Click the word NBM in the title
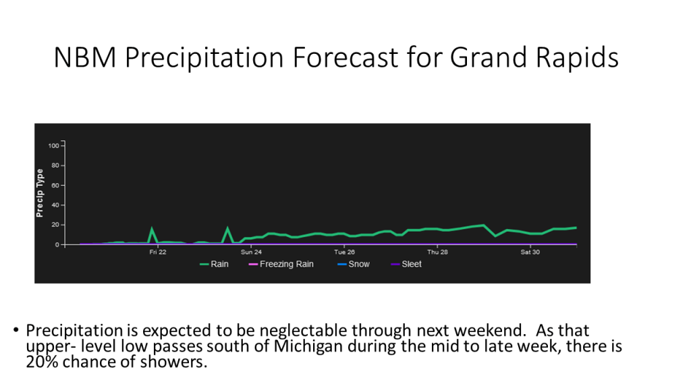pyautogui.click(x=85, y=57)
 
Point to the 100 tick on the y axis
pyautogui.click(x=53, y=145)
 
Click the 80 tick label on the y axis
pyautogui.click(x=55, y=166)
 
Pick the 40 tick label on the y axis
pyautogui.click(x=55, y=205)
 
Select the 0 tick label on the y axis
pyautogui.click(x=57, y=245)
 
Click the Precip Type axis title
pyautogui.click(x=40, y=193)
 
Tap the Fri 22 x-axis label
pyautogui.click(x=158, y=252)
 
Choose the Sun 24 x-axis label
pyautogui.click(x=251, y=252)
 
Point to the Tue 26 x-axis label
pyautogui.click(x=344, y=252)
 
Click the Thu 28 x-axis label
pyautogui.click(x=437, y=252)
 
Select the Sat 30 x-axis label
pyautogui.click(x=530, y=252)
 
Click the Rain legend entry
pyautogui.click(x=214, y=264)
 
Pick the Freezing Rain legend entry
pyautogui.click(x=281, y=264)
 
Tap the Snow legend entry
pyautogui.click(x=354, y=264)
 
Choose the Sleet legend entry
pyautogui.click(x=406, y=264)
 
